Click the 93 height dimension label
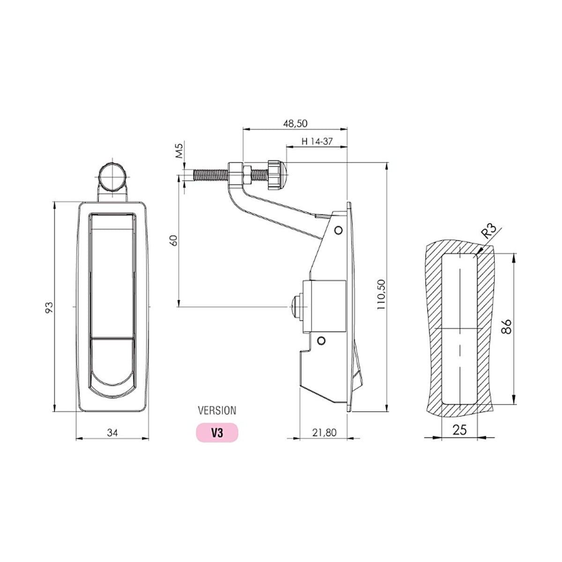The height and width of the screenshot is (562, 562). click(x=49, y=307)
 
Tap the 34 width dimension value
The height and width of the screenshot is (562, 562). click(x=112, y=433)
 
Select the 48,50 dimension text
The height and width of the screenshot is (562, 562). click(x=295, y=124)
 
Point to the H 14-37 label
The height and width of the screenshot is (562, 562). click(x=317, y=141)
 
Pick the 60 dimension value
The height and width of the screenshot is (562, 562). click(x=174, y=241)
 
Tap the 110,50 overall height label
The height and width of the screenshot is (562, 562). click(x=381, y=294)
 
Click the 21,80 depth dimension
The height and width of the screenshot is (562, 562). click(x=324, y=432)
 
